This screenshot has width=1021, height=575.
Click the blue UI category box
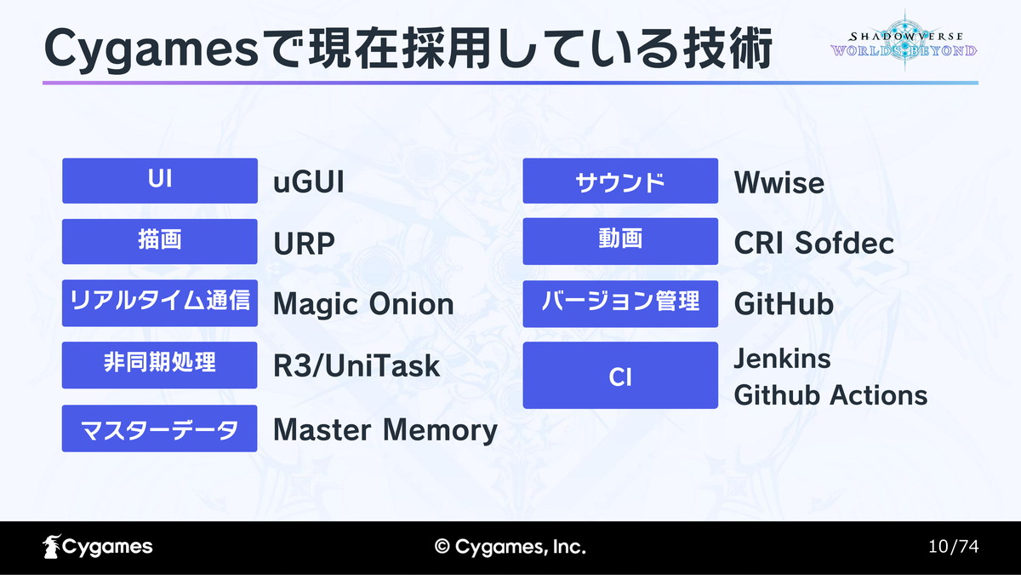pyautogui.click(x=160, y=181)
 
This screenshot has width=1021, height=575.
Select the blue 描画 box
pyautogui.click(x=160, y=241)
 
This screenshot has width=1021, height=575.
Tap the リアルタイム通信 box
pyautogui.click(x=160, y=303)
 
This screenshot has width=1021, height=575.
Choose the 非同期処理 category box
pyautogui.click(x=160, y=365)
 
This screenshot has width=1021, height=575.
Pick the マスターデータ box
pyautogui.click(x=160, y=428)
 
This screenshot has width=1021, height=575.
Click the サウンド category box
pyautogui.click(x=620, y=181)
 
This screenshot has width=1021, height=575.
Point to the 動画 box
pyautogui.click(x=620, y=241)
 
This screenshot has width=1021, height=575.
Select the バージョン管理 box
pyautogui.click(x=620, y=304)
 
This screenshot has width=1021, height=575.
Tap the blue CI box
pyautogui.click(x=620, y=375)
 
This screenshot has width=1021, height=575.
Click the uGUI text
pyautogui.click(x=309, y=182)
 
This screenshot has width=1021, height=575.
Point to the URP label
pyautogui.click(x=304, y=244)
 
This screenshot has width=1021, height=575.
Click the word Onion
pyautogui.click(x=411, y=304)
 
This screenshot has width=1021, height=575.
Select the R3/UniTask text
pyautogui.click(x=356, y=366)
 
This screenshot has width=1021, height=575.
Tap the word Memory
pyautogui.click(x=440, y=430)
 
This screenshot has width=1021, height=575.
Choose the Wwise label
pyautogui.click(x=779, y=183)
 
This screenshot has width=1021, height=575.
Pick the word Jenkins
pyautogui.click(x=782, y=359)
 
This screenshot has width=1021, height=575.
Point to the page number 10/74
pyautogui.click(x=954, y=546)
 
